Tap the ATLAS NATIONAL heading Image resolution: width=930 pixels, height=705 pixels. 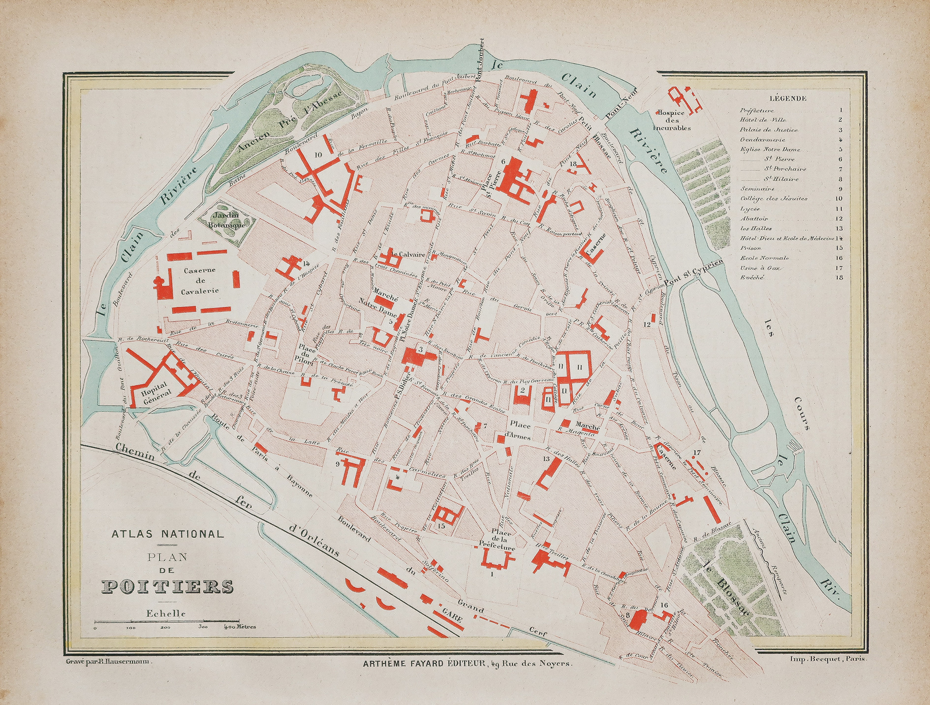click(x=167, y=533)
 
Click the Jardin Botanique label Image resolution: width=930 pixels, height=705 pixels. click(x=227, y=220)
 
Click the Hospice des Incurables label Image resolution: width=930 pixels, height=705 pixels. click(x=672, y=120)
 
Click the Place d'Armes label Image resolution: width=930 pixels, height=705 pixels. click(x=520, y=430)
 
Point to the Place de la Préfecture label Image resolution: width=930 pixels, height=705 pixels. click(x=497, y=541)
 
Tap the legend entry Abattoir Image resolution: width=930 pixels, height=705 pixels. click(x=754, y=219)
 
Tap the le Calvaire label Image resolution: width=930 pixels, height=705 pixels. click(x=407, y=255)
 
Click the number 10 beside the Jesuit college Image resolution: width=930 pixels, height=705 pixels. click(x=318, y=155)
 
